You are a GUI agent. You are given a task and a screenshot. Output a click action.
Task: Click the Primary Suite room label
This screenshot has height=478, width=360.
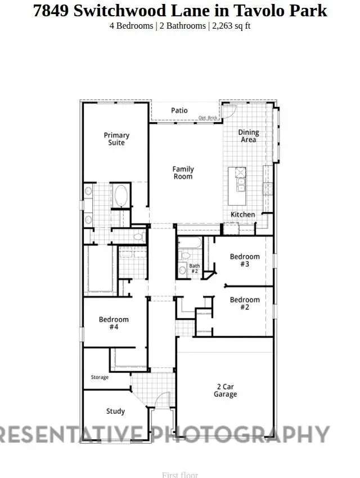pos(116,139)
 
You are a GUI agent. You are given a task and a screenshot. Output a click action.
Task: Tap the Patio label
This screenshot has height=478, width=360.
pos(179,111)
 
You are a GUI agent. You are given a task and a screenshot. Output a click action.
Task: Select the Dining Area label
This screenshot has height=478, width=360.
pos(248,136)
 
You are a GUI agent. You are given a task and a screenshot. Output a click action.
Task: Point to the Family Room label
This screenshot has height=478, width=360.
pos(183,173)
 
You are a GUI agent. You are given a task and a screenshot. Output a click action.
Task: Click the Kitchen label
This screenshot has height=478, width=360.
pos(242,214)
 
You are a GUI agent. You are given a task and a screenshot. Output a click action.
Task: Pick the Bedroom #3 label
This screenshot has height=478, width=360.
pos(245,260)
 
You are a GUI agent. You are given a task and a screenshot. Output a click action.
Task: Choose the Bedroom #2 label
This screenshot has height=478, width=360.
pos(245,304)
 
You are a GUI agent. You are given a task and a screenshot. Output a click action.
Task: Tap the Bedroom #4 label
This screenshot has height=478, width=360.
pos(114,323)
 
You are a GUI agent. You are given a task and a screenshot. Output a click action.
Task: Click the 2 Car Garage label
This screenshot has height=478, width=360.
pos(225,390)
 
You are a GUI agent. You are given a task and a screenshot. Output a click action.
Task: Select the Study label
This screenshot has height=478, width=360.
pos(115,412)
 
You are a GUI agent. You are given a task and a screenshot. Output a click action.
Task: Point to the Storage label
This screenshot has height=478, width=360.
pos(100,377)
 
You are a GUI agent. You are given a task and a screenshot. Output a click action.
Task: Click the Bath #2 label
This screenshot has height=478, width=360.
pos(194,268)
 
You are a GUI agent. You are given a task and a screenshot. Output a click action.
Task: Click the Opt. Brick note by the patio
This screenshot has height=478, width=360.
pos(208,118)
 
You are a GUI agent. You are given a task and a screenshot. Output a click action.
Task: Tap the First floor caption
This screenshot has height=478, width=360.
pos(180,475)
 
